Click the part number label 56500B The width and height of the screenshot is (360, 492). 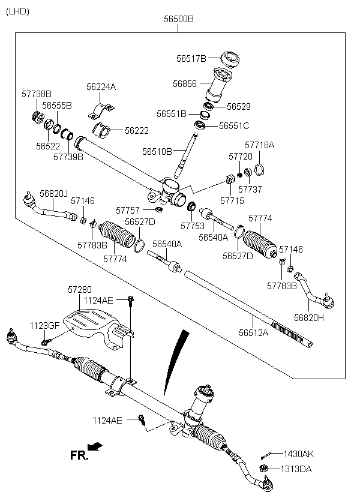pos(179,19)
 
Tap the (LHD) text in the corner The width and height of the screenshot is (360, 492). pos(17,11)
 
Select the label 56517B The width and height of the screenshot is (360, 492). pos(191,58)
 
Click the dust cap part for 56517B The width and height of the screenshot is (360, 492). pos(230,59)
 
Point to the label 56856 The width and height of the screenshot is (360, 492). pos(185,84)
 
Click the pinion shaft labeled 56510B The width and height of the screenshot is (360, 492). pos(186,155)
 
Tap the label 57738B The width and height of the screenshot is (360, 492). pos(37,94)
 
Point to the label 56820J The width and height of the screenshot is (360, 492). pos(53,194)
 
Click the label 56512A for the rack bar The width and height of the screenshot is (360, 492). pos(254,332)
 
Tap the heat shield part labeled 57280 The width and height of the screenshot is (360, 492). pos(97,326)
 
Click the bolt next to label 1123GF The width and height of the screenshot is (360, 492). pos(46,342)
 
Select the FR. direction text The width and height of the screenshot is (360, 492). pos(79,455)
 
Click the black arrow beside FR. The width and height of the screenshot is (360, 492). pos(95,446)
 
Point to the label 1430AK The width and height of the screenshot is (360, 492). pos(298,454)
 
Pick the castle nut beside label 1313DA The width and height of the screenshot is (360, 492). pos(263,469)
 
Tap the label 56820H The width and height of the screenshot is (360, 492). pos(309,318)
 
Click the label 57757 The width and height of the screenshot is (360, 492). pos(127,210)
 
